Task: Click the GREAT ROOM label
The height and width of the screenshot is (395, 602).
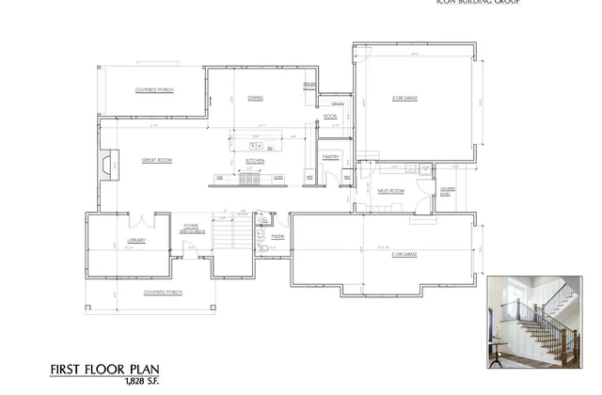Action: pyautogui.click(x=156, y=161)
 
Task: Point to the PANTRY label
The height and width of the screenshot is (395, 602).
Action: pyautogui.click(x=330, y=156)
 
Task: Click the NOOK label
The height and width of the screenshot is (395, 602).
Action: pyautogui.click(x=330, y=116)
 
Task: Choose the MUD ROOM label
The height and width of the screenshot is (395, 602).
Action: pyautogui.click(x=391, y=191)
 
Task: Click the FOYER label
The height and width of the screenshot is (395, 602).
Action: pyautogui.click(x=190, y=227)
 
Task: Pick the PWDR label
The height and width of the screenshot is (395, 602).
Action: pyautogui.click(x=277, y=236)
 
